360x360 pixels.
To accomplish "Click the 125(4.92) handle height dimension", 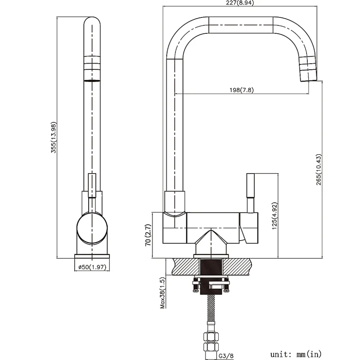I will click(275, 216).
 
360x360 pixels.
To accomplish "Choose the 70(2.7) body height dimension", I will click(148, 235).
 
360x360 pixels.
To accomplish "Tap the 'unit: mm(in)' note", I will click(296, 354).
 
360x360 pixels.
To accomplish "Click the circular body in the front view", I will click(92, 228).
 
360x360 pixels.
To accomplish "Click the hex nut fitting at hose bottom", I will click(211, 338).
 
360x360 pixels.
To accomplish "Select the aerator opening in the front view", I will click(92, 80).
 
